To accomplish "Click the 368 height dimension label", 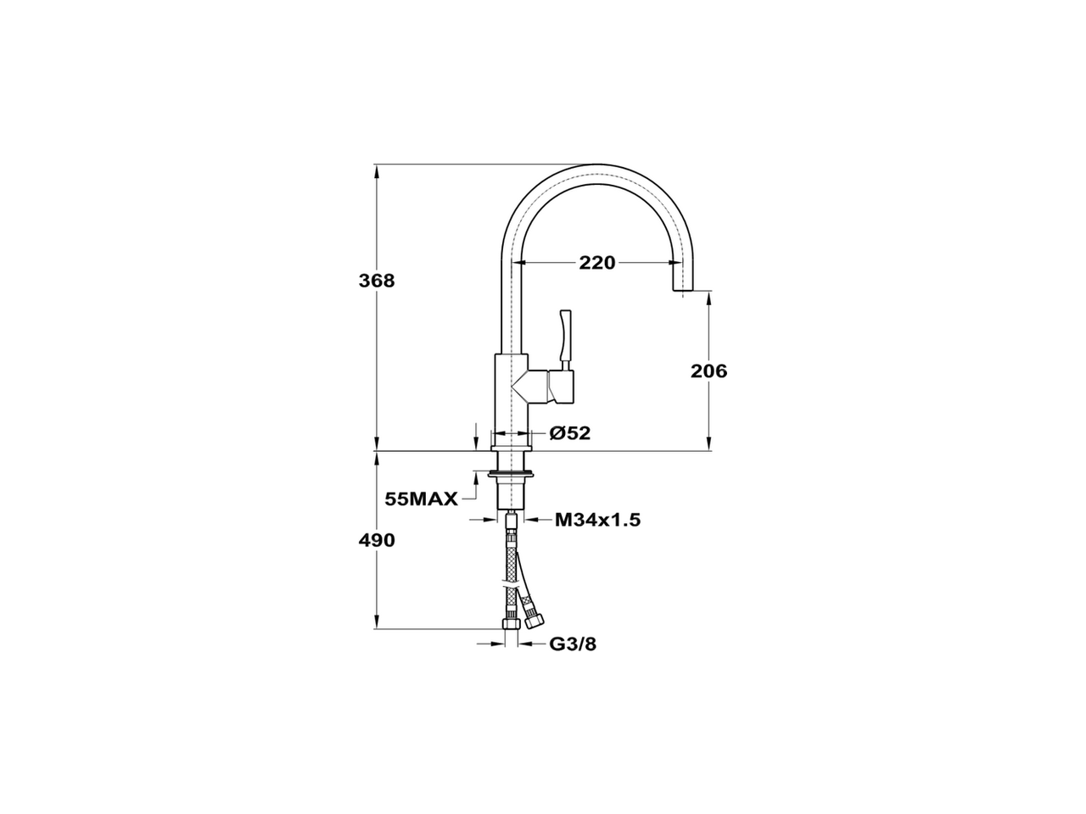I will tap(376, 281).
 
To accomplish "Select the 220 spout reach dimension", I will tap(596, 263).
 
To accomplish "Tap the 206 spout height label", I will tap(709, 371).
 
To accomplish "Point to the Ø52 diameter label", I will tap(569, 433).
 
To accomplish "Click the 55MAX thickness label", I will tap(421, 499).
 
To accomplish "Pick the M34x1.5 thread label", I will tap(597, 520).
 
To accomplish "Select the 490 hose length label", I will tap(376, 540).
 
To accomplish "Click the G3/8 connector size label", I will tap(573, 644).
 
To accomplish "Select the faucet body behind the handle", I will tap(512, 390).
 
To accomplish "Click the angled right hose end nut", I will tap(533, 620).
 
